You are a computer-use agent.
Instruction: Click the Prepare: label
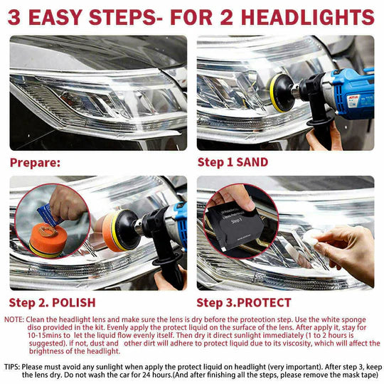(35, 162)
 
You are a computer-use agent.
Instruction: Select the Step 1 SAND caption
(233, 162)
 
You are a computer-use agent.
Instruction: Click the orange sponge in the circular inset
(46, 238)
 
